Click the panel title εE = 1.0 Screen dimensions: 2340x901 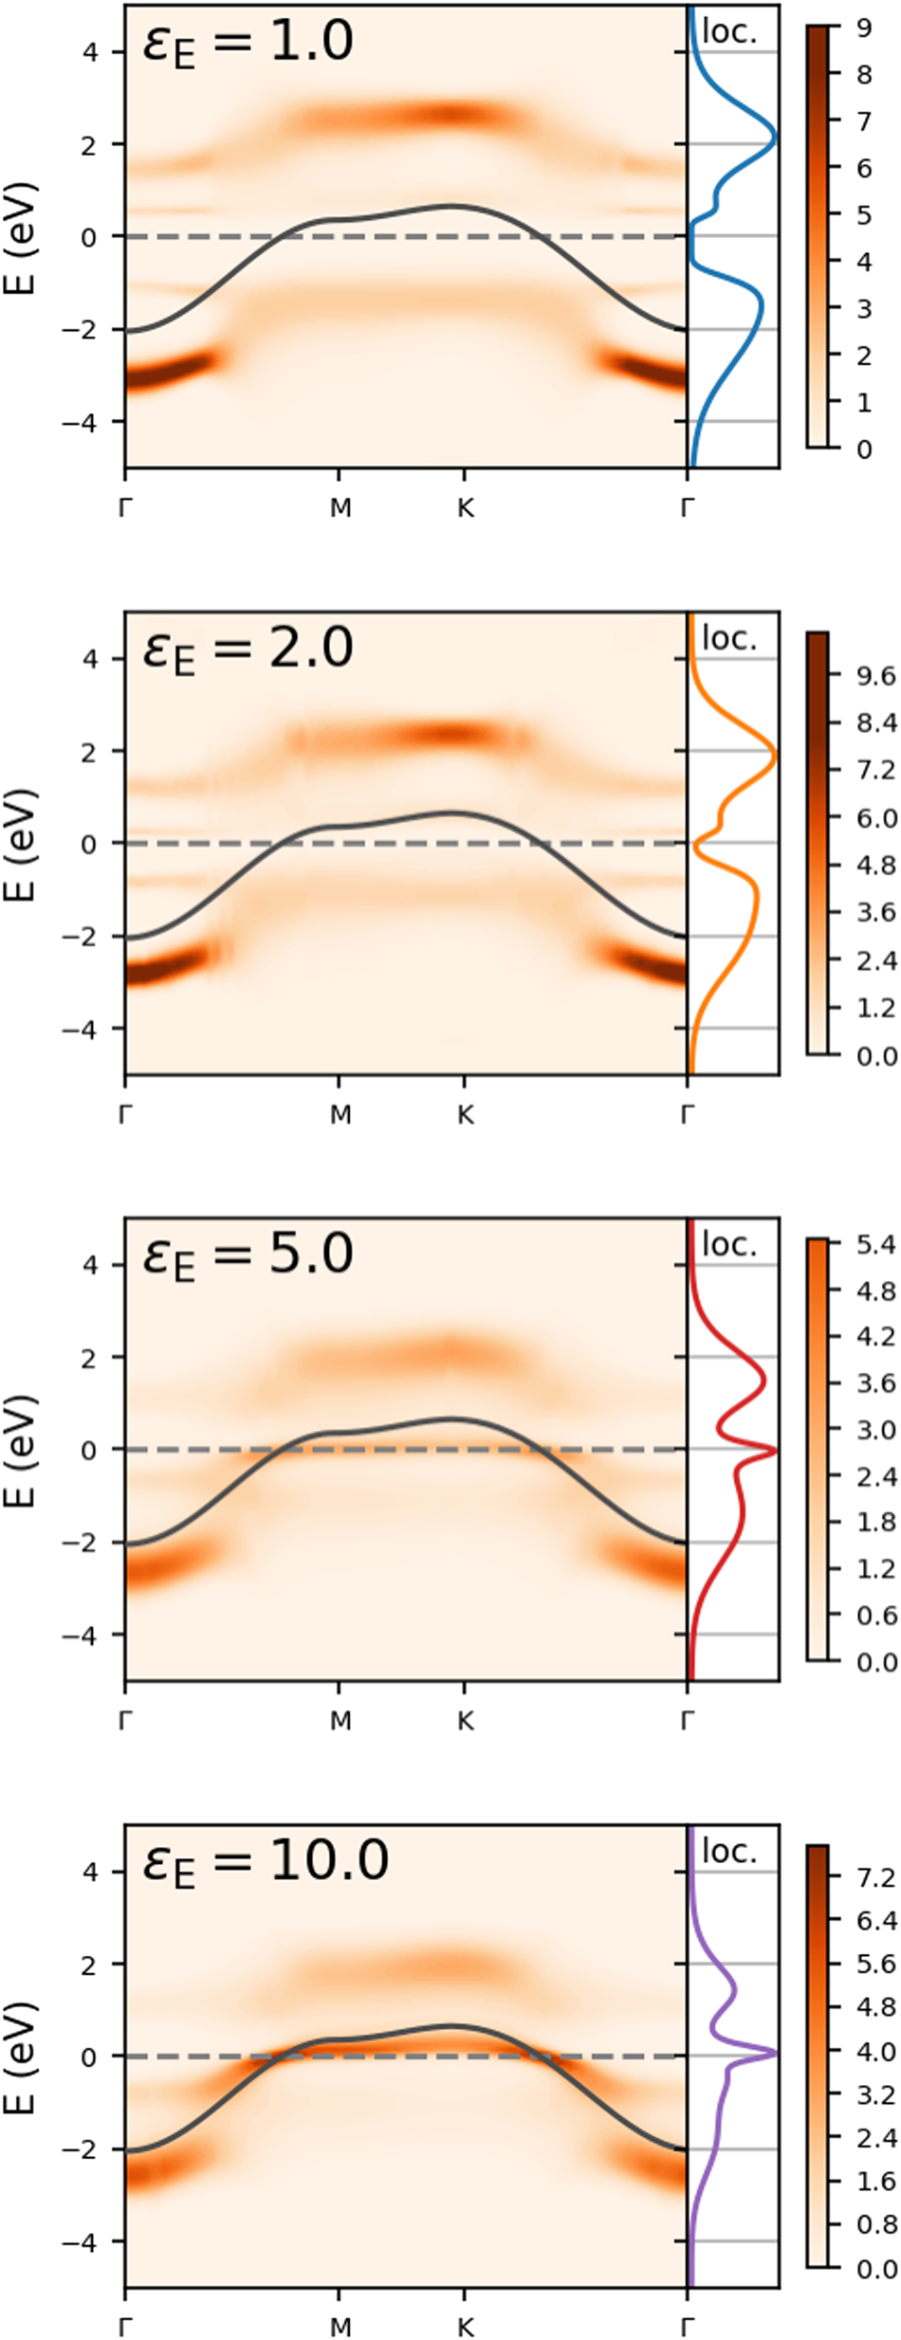pos(248,43)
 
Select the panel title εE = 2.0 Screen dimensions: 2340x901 pos(248,649)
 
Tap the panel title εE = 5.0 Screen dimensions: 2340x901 pos(248,1255)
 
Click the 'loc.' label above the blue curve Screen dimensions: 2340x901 pos(729,31)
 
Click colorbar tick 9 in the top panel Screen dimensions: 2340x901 pos(863,27)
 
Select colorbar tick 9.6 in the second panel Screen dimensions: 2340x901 pos(875,676)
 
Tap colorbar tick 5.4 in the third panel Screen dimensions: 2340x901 pos(875,1244)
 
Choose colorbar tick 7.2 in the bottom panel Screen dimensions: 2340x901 pos(875,1877)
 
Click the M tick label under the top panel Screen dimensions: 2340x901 pos(340,509)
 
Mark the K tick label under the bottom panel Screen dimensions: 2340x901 pos(465,2328)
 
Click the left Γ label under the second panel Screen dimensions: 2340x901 pos(125,1116)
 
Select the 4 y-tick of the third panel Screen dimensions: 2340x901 pos(90,1265)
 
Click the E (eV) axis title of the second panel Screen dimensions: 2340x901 pos(22,844)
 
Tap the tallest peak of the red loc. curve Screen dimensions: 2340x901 pos(775,1450)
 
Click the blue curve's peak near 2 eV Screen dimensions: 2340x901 pos(775,137)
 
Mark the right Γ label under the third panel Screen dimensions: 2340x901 pos(688,1721)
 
